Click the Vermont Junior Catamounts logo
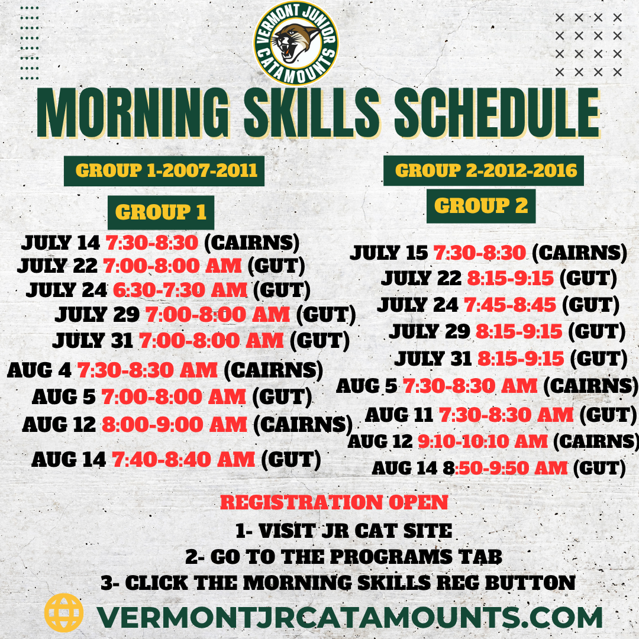point(296,43)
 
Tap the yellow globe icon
point(63,612)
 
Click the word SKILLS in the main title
point(312,113)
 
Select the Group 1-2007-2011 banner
point(164,171)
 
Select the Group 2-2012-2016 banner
point(483,170)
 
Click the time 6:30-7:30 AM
point(180,290)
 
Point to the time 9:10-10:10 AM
point(483,441)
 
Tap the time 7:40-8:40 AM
point(183,459)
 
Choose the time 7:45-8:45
point(510,305)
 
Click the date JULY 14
point(60,243)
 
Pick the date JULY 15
point(389,253)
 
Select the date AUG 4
point(39,370)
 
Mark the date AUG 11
point(399,415)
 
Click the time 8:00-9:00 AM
point(175,424)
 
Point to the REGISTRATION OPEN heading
point(334,502)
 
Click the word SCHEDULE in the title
point(497,113)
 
